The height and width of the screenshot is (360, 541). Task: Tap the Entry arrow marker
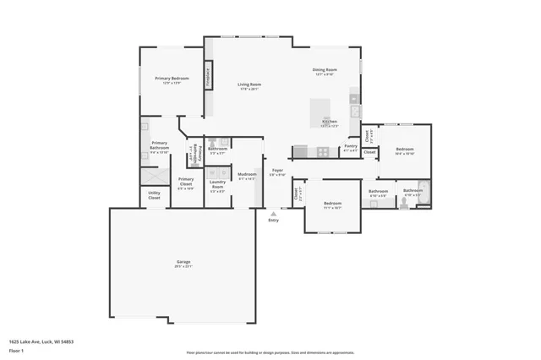(x=273, y=215)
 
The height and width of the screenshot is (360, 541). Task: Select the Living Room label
(x=249, y=85)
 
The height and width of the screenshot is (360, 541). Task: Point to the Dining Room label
(x=325, y=70)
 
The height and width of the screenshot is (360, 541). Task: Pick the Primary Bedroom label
(x=172, y=79)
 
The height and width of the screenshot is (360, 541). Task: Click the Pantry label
(x=351, y=146)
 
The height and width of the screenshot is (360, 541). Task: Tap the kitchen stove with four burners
(x=322, y=152)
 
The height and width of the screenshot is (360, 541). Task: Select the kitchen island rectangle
(x=320, y=111)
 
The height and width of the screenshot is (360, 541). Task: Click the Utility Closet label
(x=154, y=194)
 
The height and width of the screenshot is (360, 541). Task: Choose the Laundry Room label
(x=217, y=185)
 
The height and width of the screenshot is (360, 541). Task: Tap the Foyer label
(x=277, y=171)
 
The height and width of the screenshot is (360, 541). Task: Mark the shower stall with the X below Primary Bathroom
(x=155, y=177)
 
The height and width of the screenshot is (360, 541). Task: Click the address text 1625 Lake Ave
(x=41, y=342)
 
